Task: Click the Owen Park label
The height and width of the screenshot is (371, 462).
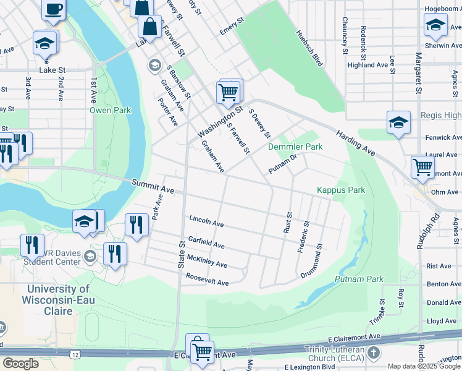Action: (111, 110)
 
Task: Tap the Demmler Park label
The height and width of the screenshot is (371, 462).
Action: (295, 147)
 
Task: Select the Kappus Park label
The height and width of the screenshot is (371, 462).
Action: (341, 190)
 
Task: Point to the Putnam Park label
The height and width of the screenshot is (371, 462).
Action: (359, 279)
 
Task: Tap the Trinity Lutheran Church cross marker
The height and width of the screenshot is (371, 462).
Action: (373, 352)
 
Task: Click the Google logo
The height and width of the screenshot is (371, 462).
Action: (20, 363)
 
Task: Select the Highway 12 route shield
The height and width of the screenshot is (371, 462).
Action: (75, 354)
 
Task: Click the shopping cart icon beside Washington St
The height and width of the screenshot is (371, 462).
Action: (229, 93)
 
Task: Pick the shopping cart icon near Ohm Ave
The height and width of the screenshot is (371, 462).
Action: (422, 166)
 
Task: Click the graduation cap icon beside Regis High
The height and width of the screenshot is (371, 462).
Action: (398, 122)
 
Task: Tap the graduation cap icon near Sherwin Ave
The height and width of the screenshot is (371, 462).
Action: (435, 25)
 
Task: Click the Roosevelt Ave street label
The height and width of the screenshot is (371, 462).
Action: (208, 279)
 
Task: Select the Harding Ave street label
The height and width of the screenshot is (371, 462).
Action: (356, 142)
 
